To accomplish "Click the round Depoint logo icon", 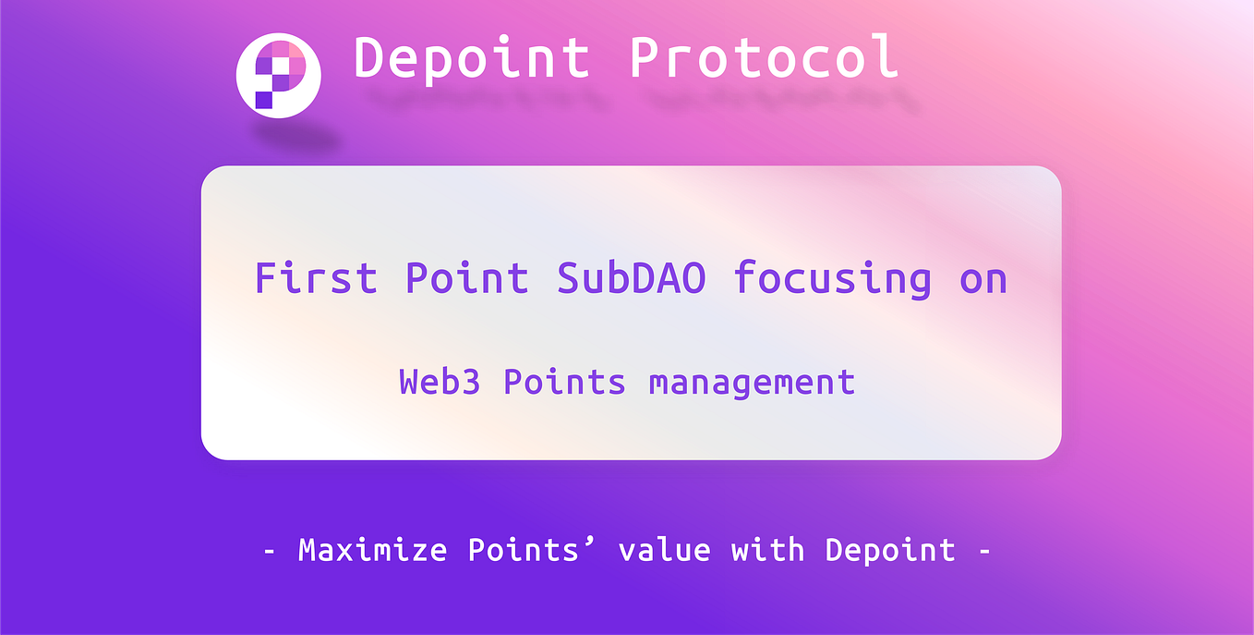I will tap(278, 76).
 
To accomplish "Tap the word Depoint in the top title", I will tap(472, 57).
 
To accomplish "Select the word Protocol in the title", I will tap(764, 57).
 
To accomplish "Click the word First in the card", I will tap(316, 278).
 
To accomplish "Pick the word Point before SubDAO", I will tap(466, 278).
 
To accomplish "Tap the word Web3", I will tap(440, 382).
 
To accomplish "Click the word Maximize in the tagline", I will tap(372, 551).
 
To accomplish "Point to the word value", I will tap(665, 551).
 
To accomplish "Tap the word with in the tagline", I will tap(767, 551).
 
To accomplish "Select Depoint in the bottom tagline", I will tap(890, 551).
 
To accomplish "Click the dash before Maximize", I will tap(270, 552).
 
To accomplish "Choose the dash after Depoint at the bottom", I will tap(983, 552).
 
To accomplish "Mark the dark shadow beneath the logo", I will tap(297, 140).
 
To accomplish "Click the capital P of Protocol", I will tap(645, 57).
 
